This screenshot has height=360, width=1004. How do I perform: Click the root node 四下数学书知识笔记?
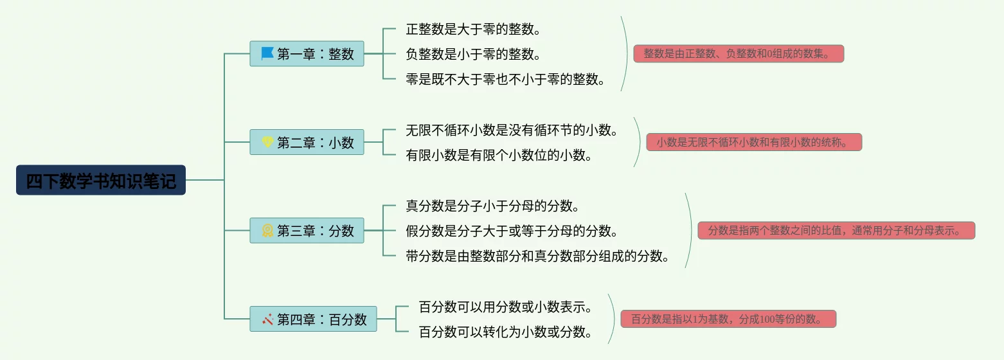pyautogui.click(x=101, y=181)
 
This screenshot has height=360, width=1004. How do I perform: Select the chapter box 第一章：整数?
pyautogui.click(x=307, y=54)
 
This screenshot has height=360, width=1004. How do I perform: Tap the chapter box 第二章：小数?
pyautogui.click(x=307, y=142)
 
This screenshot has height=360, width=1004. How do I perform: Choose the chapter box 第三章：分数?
pyautogui.click(x=307, y=231)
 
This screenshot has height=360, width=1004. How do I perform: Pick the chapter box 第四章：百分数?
pyautogui.click(x=313, y=319)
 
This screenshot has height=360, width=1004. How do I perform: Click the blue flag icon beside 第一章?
pyautogui.click(x=267, y=53)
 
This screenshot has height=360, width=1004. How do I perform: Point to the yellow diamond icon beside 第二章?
pyautogui.click(x=267, y=142)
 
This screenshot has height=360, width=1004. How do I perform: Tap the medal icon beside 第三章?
pyautogui.click(x=267, y=230)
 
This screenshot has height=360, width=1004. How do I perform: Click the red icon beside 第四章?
pyautogui.click(x=267, y=319)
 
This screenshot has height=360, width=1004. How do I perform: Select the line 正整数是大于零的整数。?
pyautogui.click(x=473, y=29)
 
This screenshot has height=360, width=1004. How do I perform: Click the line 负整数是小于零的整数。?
pyautogui.click(x=473, y=54)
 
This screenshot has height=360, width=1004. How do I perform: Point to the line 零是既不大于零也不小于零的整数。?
pyautogui.click(x=506, y=79)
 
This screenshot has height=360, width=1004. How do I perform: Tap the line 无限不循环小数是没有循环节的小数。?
pyautogui.click(x=512, y=130)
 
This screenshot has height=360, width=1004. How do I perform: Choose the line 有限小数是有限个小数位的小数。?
pyautogui.click(x=499, y=155)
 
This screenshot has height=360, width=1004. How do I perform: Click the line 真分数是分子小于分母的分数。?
pyautogui.click(x=493, y=206)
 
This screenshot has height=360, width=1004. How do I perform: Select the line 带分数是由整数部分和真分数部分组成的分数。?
pyautogui.click(x=538, y=256)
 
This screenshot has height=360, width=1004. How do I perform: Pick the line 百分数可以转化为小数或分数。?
pyautogui.click(x=505, y=332)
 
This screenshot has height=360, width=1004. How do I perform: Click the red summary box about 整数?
pyautogui.click(x=739, y=54)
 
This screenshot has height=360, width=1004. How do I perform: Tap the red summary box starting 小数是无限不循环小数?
pyautogui.click(x=754, y=142)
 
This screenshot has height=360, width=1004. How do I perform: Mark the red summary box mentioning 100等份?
pyautogui.click(x=728, y=319)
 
